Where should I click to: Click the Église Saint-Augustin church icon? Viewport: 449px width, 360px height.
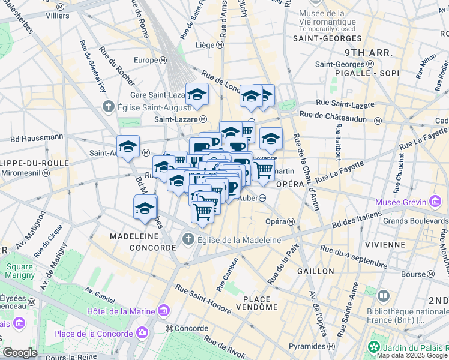[x=108, y=107]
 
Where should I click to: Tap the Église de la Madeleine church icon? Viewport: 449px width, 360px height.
[x=188, y=240]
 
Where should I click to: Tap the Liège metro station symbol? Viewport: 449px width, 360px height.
[x=220, y=45]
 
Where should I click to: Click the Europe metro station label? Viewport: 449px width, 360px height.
[x=145, y=61]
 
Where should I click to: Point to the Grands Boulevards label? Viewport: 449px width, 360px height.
[x=417, y=220]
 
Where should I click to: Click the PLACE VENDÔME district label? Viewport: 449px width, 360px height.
[x=261, y=302]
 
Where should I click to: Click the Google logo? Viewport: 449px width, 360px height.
[x=20, y=352]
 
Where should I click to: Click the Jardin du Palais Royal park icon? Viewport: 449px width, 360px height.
[x=375, y=346]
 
